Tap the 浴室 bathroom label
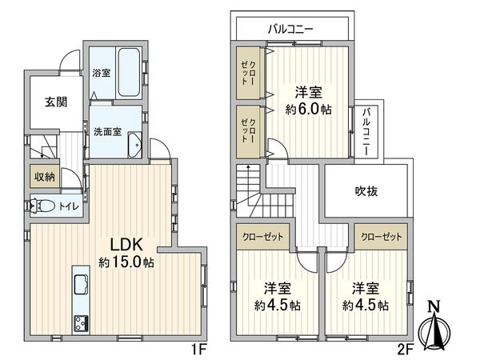(x=102, y=73)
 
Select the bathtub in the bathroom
(x=128, y=74)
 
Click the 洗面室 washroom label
(x=107, y=131)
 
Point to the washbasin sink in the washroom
(x=134, y=146)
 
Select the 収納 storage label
(x=44, y=177)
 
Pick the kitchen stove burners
(x=81, y=323)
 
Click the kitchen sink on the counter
(x=81, y=284)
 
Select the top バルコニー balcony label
(x=290, y=29)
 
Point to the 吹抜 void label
(x=367, y=190)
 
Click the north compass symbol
(x=433, y=325)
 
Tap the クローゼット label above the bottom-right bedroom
(x=381, y=238)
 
